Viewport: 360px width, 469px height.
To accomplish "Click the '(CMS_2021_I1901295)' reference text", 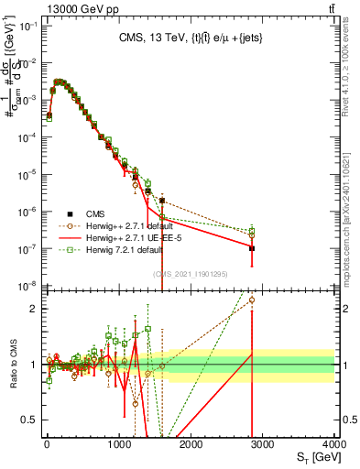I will coord(191,274).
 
